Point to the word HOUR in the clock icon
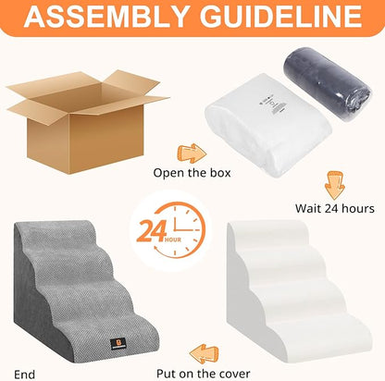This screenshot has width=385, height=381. (x=168, y=244)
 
